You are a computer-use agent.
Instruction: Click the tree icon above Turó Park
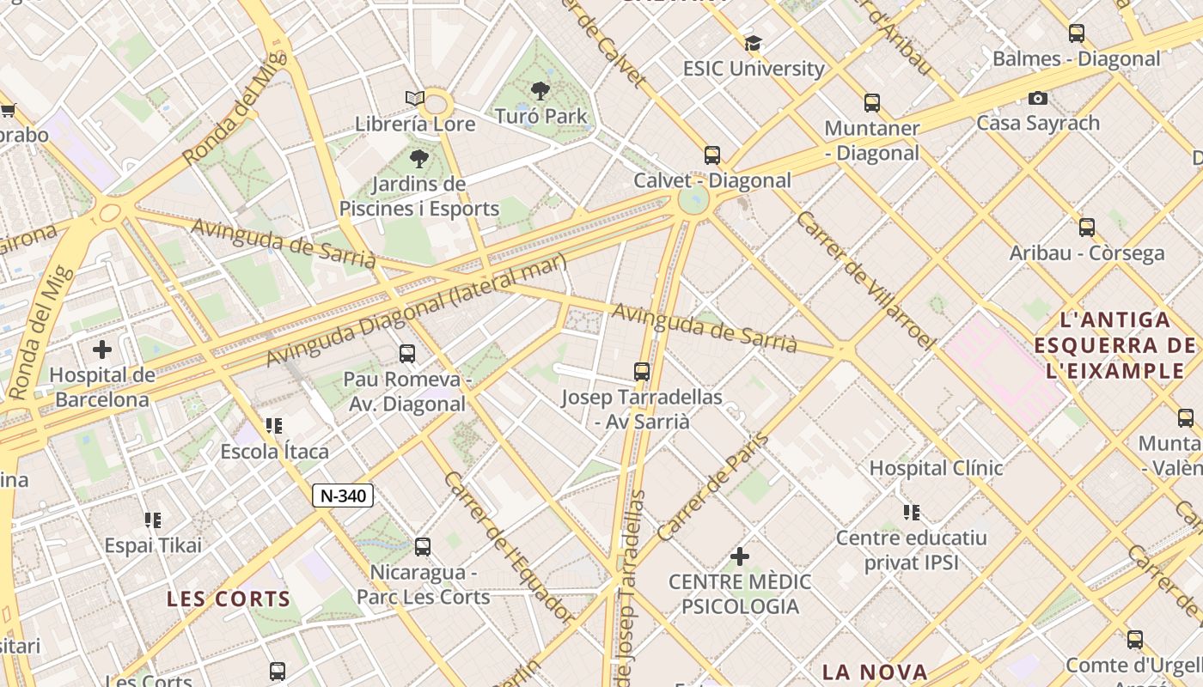coord(540,90)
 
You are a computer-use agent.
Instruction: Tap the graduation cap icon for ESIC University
coord(753,43)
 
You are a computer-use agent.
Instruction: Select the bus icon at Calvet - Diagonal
coord(711,155)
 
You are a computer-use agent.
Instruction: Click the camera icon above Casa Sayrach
coord(1037,98)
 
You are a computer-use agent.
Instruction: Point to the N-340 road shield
coord(342,495)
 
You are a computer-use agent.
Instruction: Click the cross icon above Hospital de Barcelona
coord(102,350)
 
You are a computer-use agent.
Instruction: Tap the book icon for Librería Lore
coord(415,99)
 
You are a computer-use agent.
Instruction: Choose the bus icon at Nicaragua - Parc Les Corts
coord(422,547)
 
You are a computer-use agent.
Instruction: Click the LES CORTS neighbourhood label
coord(229,599)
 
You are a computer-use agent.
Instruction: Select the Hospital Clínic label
coord(936,468)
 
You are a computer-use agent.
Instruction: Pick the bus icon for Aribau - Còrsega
coord(1086,228)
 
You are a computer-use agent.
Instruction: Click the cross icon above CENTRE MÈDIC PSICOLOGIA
coord(739,556)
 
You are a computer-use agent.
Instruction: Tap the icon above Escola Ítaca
coord(274,426)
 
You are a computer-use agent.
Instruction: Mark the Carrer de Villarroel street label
coord(865,280)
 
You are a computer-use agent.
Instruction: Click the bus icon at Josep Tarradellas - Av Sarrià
coord(641,372)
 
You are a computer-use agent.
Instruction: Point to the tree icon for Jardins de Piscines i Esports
coord(418,158)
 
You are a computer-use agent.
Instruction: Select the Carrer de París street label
coord(712,487)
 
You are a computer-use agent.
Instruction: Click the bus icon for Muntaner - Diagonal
coord(871,103)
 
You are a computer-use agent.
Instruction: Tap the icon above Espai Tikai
coord(153,520)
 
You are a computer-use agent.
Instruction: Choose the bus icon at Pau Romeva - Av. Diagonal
coord(406,353)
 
